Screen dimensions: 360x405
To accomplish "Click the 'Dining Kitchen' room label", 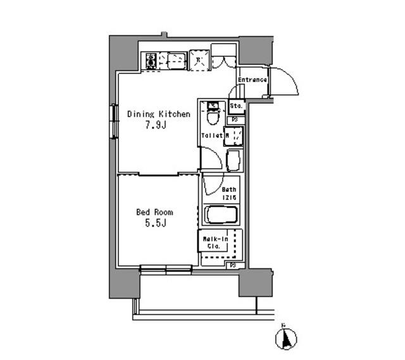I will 158,114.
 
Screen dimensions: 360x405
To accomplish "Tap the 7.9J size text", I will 154,125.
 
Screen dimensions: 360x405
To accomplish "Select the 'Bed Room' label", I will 154,212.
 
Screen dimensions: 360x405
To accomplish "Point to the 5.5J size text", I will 154,223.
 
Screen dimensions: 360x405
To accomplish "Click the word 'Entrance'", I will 252,80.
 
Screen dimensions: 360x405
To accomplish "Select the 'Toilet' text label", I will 211,135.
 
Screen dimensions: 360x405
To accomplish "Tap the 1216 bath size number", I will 228,197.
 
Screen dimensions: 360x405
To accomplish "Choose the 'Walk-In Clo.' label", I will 213,242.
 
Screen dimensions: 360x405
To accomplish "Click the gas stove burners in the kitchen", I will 151,61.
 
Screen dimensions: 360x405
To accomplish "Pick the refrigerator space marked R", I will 199,61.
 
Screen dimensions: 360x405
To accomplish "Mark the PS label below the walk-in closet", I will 233,264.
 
